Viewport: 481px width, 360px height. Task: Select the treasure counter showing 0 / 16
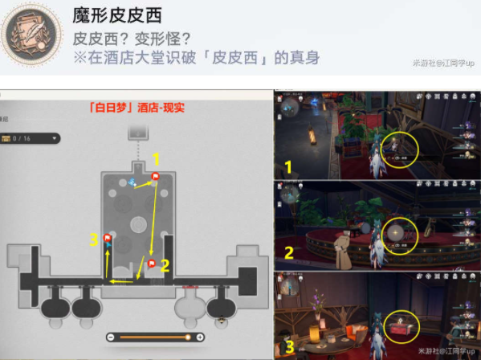point(30,138)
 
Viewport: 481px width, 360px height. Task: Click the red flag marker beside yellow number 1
point(156,176)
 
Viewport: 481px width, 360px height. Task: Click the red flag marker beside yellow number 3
point(108,237)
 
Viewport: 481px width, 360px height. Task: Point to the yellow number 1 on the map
point(157,158)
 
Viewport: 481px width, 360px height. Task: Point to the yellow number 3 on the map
point(94,239)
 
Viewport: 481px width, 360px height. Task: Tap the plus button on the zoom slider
point(200,337)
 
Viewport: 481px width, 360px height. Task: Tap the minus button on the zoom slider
point(110,337)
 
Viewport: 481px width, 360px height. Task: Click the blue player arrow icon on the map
point(133,183)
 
